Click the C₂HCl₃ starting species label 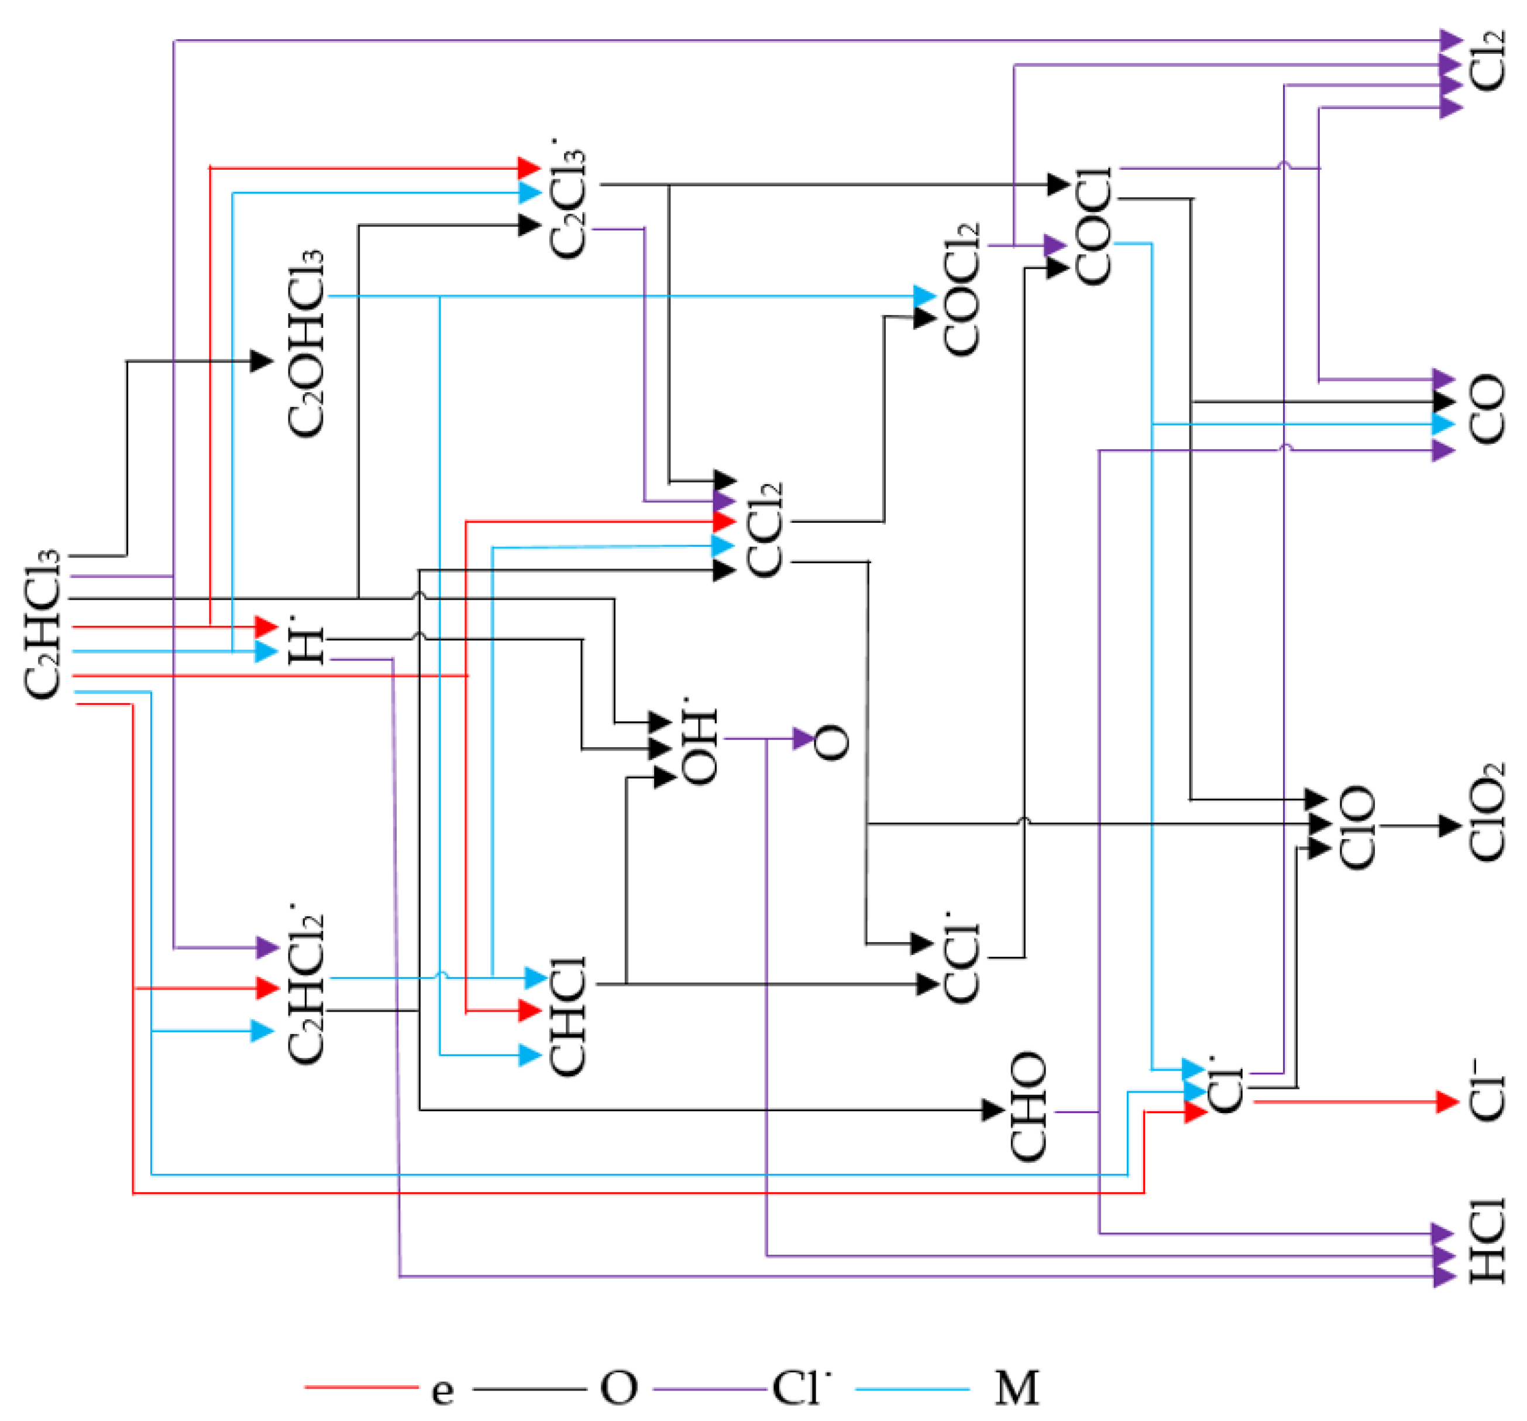pyautogui.click(x=42, y=624)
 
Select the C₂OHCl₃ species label pyautogui.click(x=306, y=344)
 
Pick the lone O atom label pyautogui.click(x=832, y=742)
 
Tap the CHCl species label pyautogui.click(x=569, y=1016)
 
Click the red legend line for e pyautogui.click(x=362, y=1387)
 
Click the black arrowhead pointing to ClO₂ pyautogui.click(x=1449, y=826)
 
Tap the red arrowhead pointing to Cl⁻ pyautogui.click(x=1447, y=1101)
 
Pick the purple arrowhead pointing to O pyautogui.click(x=803, y=739)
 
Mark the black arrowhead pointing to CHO pyautogui.click(x=993, y=1109)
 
